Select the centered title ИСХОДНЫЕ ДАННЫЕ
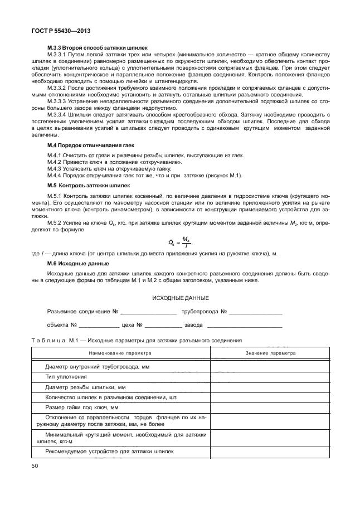coord(180,298)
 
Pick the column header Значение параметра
coord(270,353)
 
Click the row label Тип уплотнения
coord(62,377)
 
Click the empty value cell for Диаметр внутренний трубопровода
coord(270,366)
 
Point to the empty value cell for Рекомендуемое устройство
coord(270,452)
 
